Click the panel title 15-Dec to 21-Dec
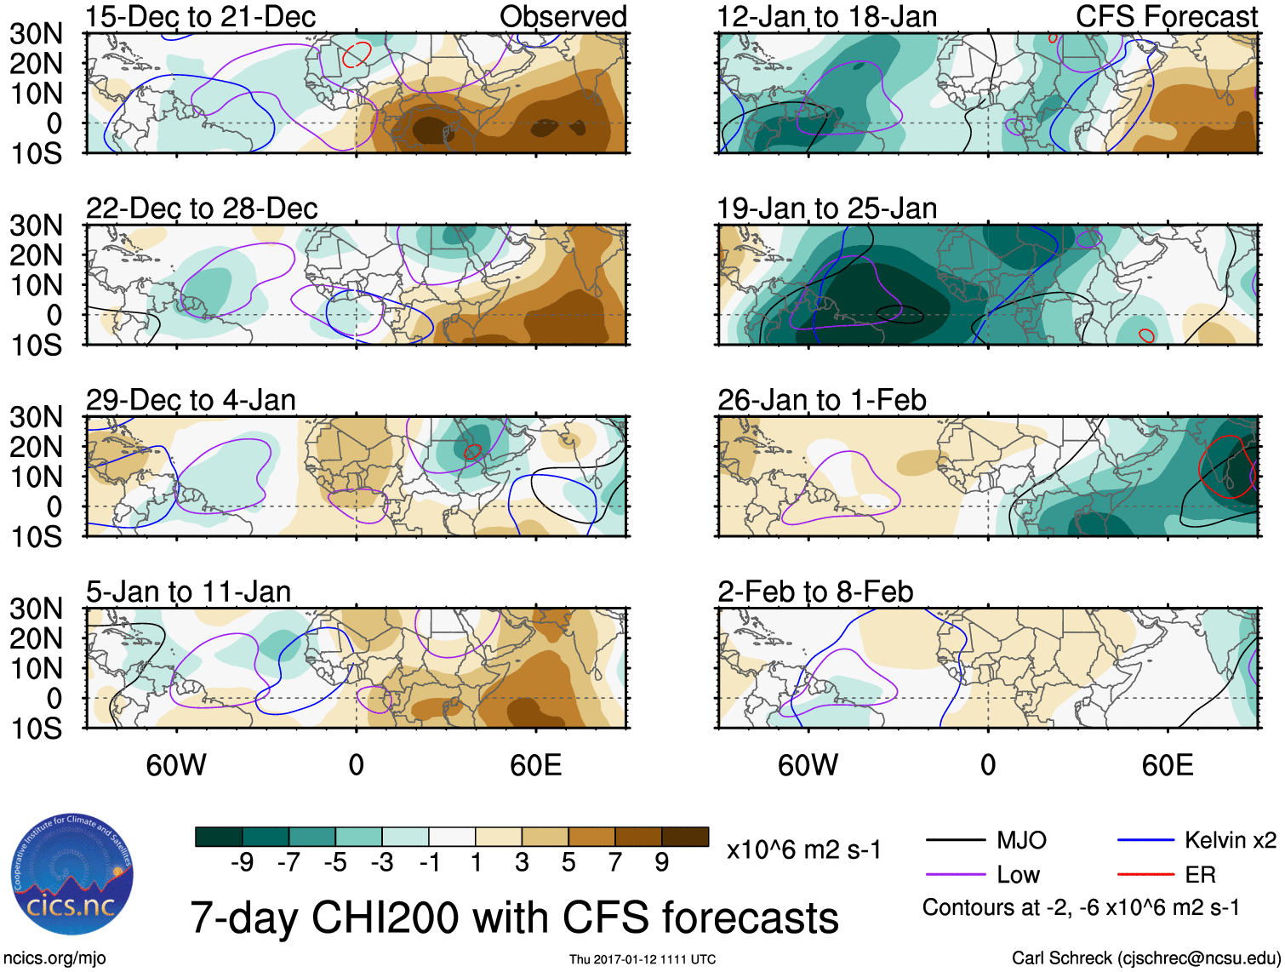[x=201, y=17]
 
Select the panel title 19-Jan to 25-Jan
[x=826, y=209]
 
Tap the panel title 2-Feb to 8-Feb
[x=815, y=592]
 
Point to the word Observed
[x=563, y=17]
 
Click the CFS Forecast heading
[x=1167, y=17]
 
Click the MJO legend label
[x=1021, y=841]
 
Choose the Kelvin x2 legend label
[x=1231, y=841]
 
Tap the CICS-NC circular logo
[x=72, y=874]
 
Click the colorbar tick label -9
[x=243, y=863]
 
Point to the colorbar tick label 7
[x=615, y=863]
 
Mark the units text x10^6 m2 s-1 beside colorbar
[x=804, y=850]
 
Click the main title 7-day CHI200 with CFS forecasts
[x=514, y=918]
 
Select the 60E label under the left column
[x=535, y=765]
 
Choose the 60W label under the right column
[x=808, y=765]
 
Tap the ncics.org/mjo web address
[x=54, y=958]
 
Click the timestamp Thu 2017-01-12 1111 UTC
[x=642, y=959]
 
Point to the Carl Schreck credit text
[x=1145, y=958]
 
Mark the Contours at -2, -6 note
[x=1081, y=908]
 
